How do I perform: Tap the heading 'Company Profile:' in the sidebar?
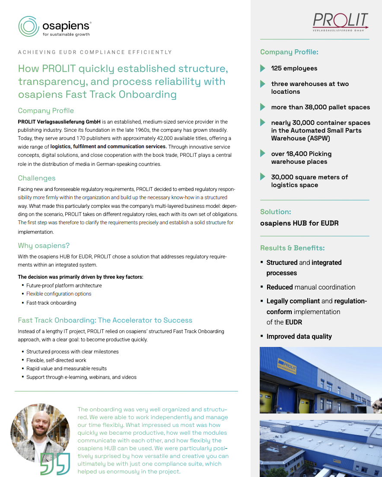[x=289, y=52]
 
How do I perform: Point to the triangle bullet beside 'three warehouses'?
[x=263, y=84]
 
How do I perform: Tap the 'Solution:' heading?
[x=275, y=212]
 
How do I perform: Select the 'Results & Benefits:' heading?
[x=292, y=248]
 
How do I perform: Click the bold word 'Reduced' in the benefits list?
[x=280, y=287]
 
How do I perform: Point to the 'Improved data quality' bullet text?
[x=299, y=336]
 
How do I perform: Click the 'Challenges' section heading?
[x=37, y=178]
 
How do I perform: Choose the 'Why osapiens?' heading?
[x=44, y=245]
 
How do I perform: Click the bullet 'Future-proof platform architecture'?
[x=64, y=286]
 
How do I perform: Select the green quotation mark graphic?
[x=55, y=464]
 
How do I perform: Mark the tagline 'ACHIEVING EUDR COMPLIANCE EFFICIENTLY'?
[x=95, y=52]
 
